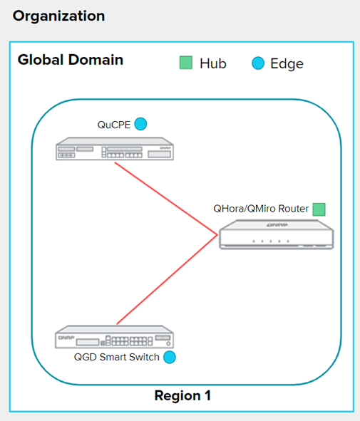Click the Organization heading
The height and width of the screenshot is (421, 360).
click(x=58, y=16)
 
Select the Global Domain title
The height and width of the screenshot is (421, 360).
click(x=71, y=60)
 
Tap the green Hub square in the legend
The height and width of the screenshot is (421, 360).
click(x=186, y=63)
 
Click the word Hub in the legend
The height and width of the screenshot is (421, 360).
click(x=213, y=63)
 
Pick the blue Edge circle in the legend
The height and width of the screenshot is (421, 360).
click(x=258, y=63)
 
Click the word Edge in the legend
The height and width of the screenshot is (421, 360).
click(x=287, y=64)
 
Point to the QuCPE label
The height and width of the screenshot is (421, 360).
click(x=113, y=125)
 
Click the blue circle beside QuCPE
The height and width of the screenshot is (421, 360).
click(x=140, y=124)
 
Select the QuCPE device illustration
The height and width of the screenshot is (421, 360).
click(x=115, y=149)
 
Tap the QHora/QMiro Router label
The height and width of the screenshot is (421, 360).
click(x=261, y=209)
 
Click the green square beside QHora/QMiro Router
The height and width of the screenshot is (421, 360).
click(x=319, y=209)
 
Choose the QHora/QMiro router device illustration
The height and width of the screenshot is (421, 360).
click(x=277, y=234)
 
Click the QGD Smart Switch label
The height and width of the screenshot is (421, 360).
click(x=117, y=357)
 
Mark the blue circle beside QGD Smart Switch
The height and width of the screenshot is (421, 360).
click(x=170, y=357)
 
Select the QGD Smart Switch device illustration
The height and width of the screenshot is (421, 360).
click(x=115, y=337)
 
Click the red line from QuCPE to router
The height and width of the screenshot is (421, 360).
click(x=166, y=199)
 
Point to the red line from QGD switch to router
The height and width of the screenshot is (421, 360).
click(x=167, y=279)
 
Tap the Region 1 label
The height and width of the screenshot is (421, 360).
click(x=182, y=395)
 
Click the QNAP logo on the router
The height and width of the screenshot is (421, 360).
click(x=277, y=224)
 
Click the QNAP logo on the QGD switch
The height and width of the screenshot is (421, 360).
click(x=66, y=338)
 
